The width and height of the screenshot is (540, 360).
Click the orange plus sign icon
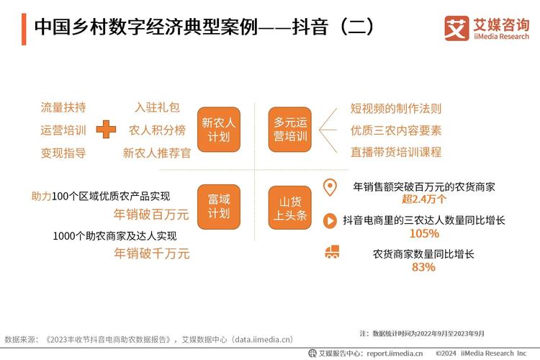coord(107,130)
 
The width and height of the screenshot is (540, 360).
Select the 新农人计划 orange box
coord(219,130)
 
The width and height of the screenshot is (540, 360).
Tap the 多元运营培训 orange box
coord(290,130)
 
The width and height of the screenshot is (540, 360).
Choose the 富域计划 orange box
coord(219,207)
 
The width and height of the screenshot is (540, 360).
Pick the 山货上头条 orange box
coord(290,207)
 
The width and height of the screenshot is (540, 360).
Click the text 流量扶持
coord(63,107)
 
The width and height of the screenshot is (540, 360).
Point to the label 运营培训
coord(63,130)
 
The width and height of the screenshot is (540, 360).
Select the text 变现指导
coord(63,153)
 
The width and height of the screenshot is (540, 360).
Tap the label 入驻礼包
coord(157,107)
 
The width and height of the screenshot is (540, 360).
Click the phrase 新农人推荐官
coord(157,153)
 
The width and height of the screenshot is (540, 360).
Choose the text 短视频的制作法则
coord(396,108)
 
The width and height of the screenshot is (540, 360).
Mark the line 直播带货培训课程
coord(396,153)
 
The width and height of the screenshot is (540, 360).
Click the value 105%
coord(423,233)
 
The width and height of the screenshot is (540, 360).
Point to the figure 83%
coord(423,267)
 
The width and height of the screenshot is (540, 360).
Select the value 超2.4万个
coord(423,199)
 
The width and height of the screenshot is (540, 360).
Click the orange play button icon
coord(330,220)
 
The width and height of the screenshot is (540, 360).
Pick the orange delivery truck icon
coord(332,253)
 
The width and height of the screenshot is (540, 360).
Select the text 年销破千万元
coord(152,253)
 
